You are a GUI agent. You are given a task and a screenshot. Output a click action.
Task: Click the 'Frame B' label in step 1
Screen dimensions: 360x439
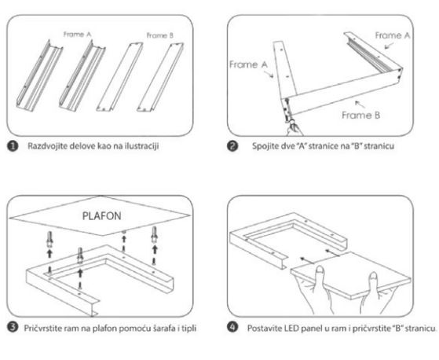point(160,35)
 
